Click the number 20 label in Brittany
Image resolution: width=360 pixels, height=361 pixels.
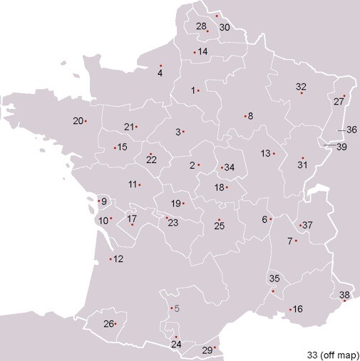pyautogui.click(x=78, y=121)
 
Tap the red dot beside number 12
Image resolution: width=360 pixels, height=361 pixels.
pyautogui.click(x=110, y=258)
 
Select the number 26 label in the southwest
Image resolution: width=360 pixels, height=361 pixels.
pyautogui.click(x=108, y=325)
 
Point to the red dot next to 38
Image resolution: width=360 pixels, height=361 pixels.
pyautogui.click(x=344, y=302)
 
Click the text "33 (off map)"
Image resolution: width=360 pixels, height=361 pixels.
pyautogui.click(x=331, y=354)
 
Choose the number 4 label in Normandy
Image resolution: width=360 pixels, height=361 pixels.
pyautogui.click(x=160, y=73)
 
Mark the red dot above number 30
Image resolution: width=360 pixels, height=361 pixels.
pyautogui.click(x=217, y=16)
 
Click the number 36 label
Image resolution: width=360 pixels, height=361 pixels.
pyautogui.click(x=351, y=130)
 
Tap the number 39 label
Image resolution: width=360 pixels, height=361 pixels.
pyautogui.click(x=341, y=147)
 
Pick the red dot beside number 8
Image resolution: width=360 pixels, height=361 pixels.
pyautogui.click(x=245, y=116)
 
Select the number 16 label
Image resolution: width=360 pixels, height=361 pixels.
pyautogui.click(x=298, y=309)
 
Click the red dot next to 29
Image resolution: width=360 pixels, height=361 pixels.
pyautogui.click(x=215, y=347)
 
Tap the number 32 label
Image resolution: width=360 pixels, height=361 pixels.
pyautogui.click(x=301, y=87)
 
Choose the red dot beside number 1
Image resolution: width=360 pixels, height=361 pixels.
pyautogui.click(x=198, y=90)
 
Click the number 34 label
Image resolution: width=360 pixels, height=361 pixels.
pyautogui.click(x=229, y=168)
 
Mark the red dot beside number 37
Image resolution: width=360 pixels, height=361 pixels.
pyautogui.click(x=301, y=224)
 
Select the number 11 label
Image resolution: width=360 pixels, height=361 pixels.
pyautogui.click(x=133, y=185)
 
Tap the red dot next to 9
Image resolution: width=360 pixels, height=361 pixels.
pyautogui.click(x=99, y=201)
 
